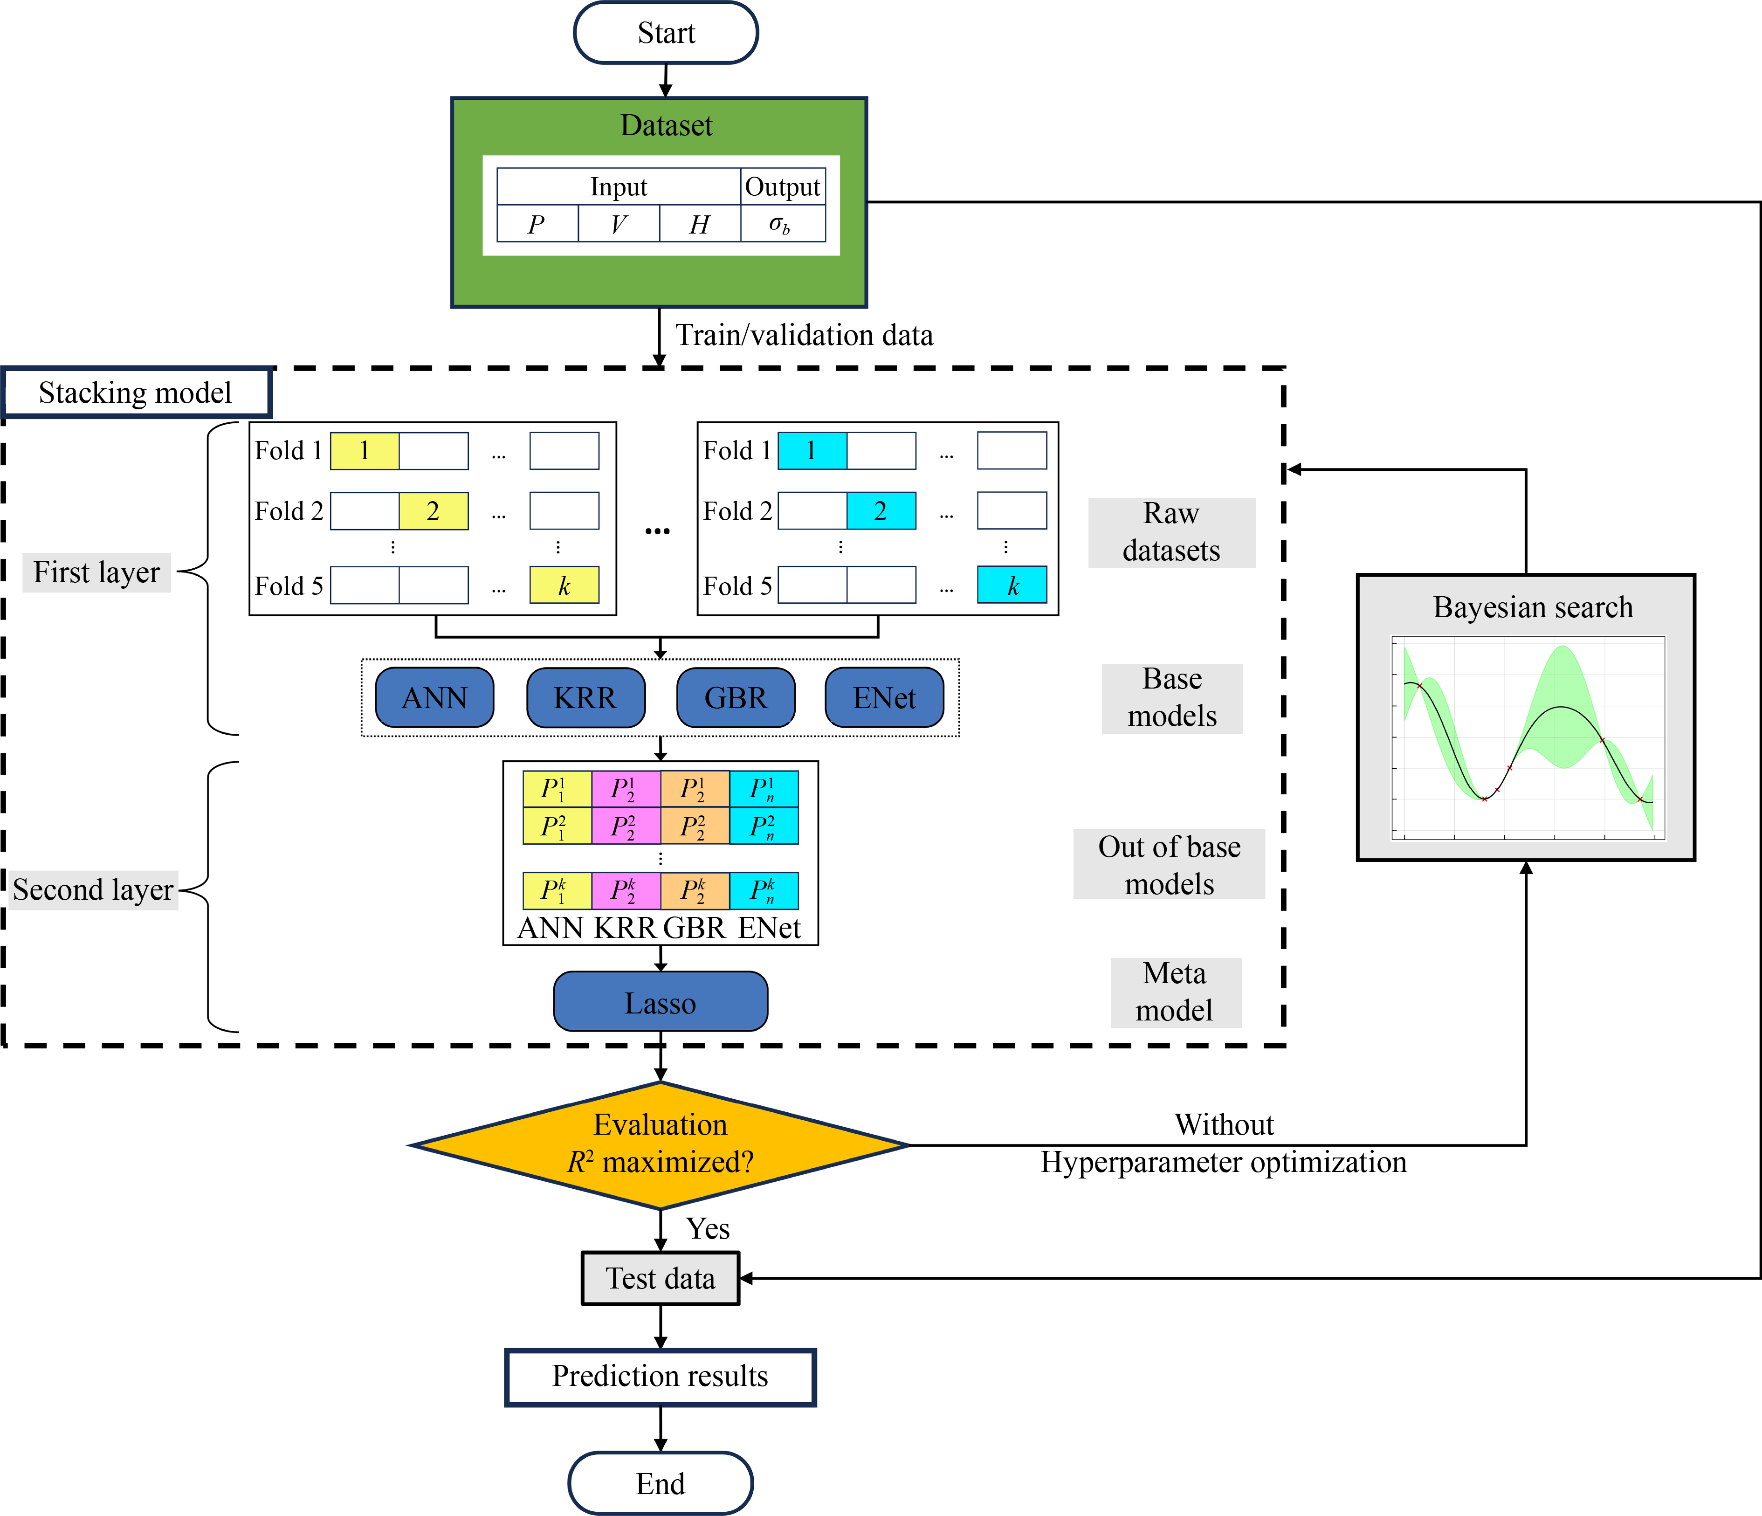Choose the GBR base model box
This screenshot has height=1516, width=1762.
coord(736,697)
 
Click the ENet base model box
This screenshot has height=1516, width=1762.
coord(884,697)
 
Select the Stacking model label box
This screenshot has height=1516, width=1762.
coord(136,392)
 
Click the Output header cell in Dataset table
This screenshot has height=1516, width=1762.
coord(782,186)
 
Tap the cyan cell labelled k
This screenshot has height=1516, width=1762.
coord(1012,585)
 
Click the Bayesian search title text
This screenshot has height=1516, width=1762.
coord(1532,607)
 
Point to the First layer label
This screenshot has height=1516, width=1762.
coord(96,572)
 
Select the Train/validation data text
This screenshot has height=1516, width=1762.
coord(804,335)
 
